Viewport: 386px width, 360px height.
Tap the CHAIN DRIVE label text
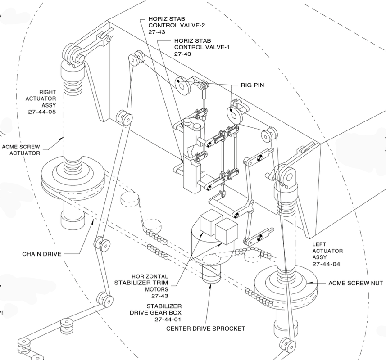click(x=41, y=254)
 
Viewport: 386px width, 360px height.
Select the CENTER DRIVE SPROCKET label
click(x=205, y=328)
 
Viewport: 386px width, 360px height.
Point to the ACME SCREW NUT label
click(x=355, y=283)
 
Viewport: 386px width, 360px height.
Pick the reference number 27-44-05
click(x=42, y=111)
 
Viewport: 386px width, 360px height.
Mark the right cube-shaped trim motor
click(x=226, y=230)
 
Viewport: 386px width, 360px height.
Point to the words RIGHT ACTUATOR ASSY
click(x=42, y=98)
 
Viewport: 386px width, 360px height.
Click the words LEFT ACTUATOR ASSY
click(x=327, y=251)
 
